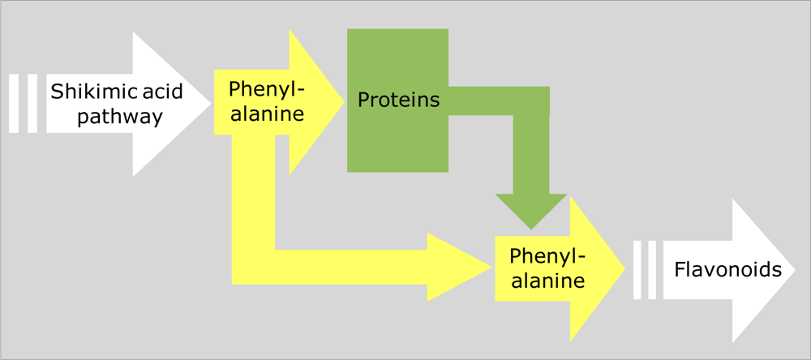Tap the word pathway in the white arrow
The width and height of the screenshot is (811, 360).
pos(105,118)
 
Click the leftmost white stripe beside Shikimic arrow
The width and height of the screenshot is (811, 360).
pos(13,103)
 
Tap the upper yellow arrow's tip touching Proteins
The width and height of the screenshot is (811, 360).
pos(339,100)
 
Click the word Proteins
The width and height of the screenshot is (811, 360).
pos(398,100)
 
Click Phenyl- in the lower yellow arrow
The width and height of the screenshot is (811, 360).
pos(547,256)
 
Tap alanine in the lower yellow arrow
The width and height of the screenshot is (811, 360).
pos(547,281)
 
